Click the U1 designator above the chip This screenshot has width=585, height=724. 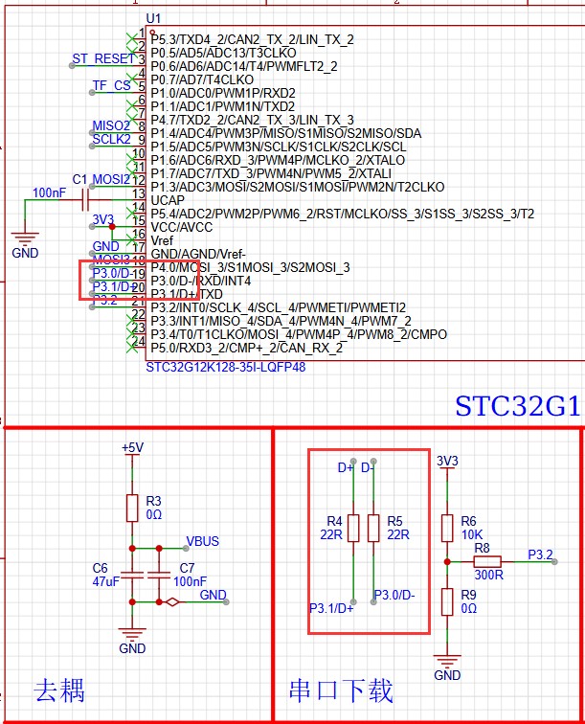click(153, 19)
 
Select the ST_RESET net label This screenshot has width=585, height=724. click(103, 58)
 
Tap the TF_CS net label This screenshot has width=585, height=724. click(111, 85)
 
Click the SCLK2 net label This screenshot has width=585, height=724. click(111, 139)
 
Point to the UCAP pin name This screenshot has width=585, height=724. click(168, 199)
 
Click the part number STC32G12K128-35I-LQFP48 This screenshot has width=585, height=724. click(225, 367)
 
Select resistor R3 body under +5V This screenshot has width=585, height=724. click(132, 508)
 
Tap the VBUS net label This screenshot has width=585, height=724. click(202, 541)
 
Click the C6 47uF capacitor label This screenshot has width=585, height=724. click(105, 574)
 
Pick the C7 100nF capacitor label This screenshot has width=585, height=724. click(189, 574)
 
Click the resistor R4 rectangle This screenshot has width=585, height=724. click(353, 528)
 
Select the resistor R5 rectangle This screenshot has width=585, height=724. click(371, 528)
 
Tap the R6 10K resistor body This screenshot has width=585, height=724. click(446, 528)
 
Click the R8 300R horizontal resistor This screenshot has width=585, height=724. click(486, 561)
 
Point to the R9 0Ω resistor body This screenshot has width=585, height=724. click(446, 601)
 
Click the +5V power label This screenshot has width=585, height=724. click(132, 447)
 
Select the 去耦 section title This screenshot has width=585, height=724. click(59, 690)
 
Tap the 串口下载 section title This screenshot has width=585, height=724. click(341, 690)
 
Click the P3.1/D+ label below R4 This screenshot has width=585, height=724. click(331, 608)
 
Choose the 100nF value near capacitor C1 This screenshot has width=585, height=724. click(50, 192)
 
